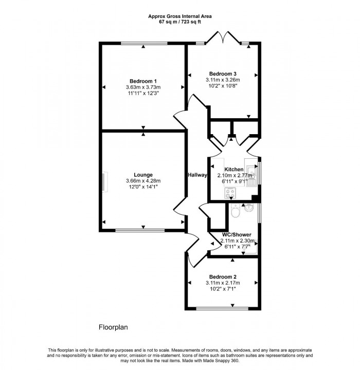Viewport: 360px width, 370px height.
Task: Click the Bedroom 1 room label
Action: click(143, 81)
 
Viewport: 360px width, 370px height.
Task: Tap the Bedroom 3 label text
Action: click(223, 73)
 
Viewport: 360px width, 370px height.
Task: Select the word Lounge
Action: click(143, 175)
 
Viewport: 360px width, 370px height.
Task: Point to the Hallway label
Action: click(197, 175)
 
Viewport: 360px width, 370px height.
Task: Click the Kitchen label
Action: click(233, 170)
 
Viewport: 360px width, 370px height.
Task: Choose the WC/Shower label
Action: click(236, 234)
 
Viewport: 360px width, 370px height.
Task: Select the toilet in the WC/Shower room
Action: click(236, 211)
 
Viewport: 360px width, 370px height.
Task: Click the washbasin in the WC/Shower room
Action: click(249, 208)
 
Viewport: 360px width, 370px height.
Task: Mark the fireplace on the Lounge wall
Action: click(103, 182)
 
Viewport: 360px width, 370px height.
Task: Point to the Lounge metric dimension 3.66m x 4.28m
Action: click(143, 181)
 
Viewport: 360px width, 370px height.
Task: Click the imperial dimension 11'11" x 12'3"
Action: click(143, 94)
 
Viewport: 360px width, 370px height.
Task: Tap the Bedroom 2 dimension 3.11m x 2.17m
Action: click(223, 282)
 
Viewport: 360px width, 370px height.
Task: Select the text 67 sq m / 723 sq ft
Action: click(180, 22)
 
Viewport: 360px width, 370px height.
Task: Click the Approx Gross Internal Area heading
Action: click(180, 16)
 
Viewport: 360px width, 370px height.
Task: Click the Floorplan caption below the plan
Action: click(113, 327)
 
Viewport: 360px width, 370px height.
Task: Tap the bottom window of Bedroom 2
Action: click(222, 308)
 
